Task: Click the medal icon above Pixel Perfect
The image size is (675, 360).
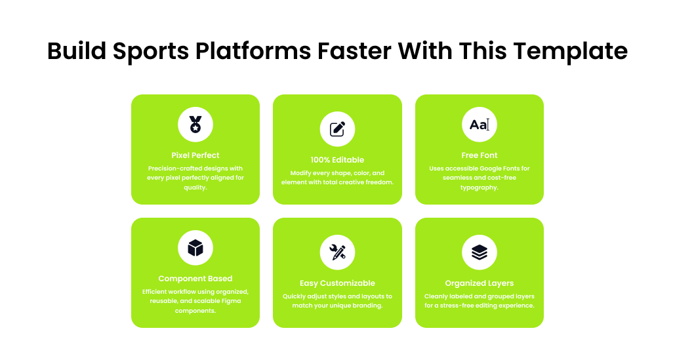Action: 195,125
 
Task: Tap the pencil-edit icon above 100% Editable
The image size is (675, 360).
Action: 337,129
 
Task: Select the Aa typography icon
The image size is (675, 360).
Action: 479,125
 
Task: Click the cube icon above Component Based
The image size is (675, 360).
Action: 195,248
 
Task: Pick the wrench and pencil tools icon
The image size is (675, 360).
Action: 337,252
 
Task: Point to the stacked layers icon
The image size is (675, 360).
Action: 479,252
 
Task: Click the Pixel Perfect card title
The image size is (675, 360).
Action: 195,155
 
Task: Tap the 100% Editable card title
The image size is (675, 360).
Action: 337,160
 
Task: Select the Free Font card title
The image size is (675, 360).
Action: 479,155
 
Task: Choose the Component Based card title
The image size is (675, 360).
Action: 195,279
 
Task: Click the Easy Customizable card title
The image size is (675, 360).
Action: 337,283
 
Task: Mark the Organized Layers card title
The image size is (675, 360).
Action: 479,283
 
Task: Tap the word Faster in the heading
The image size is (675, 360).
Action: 354,50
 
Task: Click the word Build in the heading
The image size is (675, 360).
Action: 77,50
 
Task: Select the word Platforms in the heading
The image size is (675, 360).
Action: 253,51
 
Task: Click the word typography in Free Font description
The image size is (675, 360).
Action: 479,188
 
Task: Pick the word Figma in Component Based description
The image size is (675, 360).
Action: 231,301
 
